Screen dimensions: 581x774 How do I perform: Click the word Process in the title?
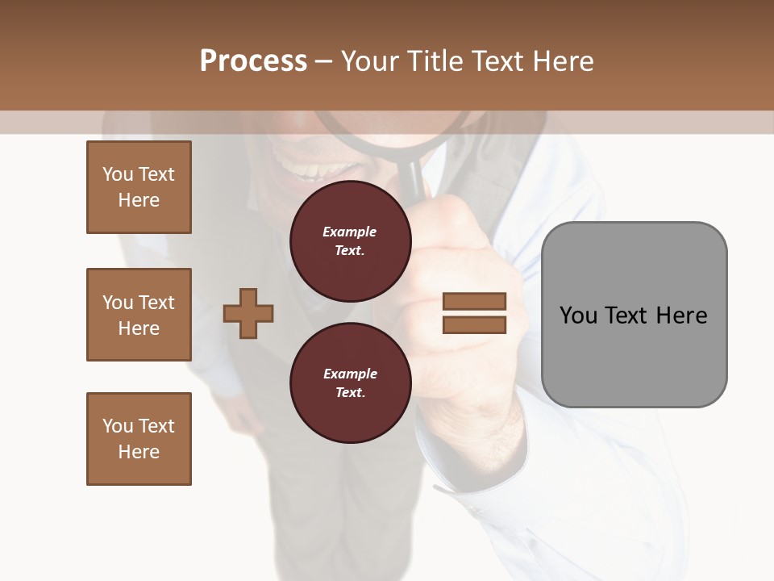(x=253, y=61)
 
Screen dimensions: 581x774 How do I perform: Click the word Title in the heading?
(x=436, y=61)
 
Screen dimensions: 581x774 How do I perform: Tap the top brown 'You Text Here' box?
(x=139, y=187)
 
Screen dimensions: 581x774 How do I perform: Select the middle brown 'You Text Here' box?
(x=139, y=315)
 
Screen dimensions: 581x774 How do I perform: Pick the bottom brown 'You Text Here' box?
(x=139, y=439)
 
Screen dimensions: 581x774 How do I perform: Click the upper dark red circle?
(x=350, y=241)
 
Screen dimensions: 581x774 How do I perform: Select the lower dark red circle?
(x=350, y=383)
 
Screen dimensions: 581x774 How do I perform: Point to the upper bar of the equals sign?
(x=474, y=301)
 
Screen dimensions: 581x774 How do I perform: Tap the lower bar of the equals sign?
(x=474, y=325)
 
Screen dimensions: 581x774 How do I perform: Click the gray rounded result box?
(x=634, y=355)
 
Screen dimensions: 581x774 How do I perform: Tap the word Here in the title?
(x=563, y=61)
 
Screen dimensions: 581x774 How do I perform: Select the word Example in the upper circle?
(x=349, y=232)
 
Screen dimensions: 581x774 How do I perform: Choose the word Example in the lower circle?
(x=350, y=374)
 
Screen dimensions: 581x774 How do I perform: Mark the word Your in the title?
(x=369, y=61)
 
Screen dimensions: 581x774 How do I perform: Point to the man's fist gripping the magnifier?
(x=464, y=266)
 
